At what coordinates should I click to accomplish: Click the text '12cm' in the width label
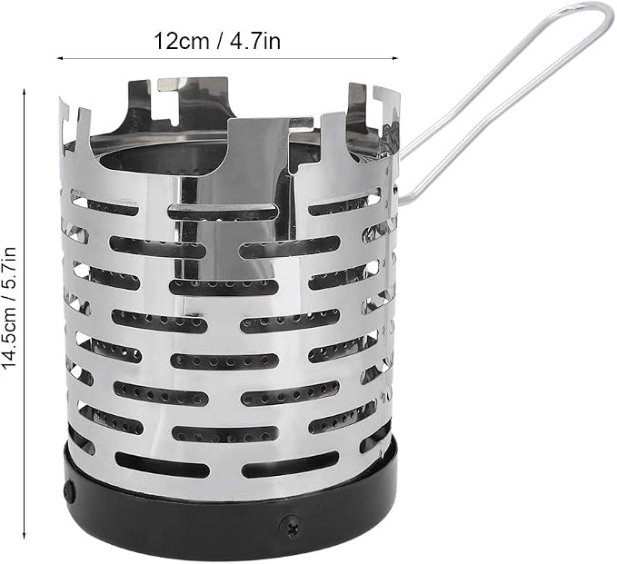(x=181, y=41)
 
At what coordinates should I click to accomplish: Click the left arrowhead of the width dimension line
(x=60, y=59)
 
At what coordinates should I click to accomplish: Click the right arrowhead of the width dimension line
(x=395, y=59)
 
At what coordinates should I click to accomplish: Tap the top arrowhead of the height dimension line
(x=25, y=92)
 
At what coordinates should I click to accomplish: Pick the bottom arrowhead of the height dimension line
(x=25, y=535)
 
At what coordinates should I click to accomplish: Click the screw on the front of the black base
(x=291, y=525)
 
